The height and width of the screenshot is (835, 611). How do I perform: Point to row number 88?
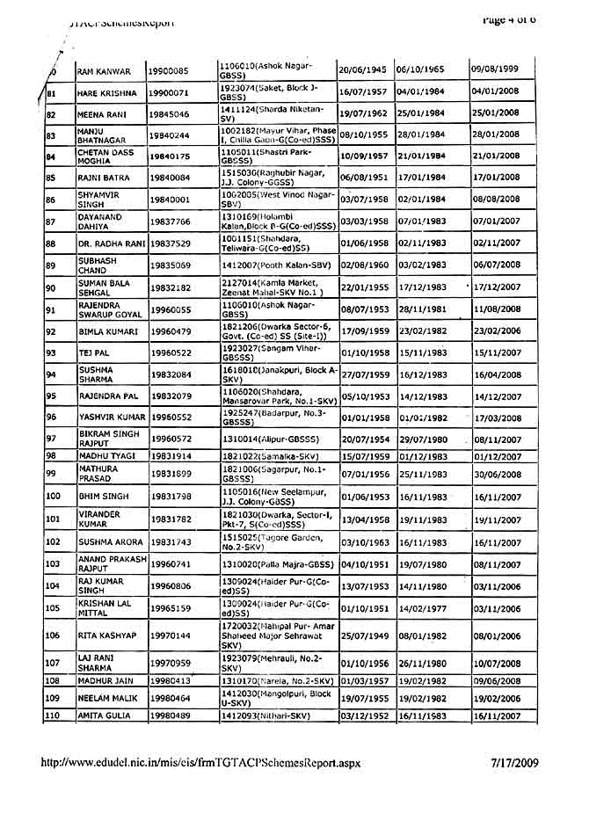[x=51, y=243]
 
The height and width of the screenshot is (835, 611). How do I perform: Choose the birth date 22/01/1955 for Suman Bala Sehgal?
[x=364, y=287]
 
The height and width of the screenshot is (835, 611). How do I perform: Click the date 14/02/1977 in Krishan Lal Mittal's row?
[x=420, y=608]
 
